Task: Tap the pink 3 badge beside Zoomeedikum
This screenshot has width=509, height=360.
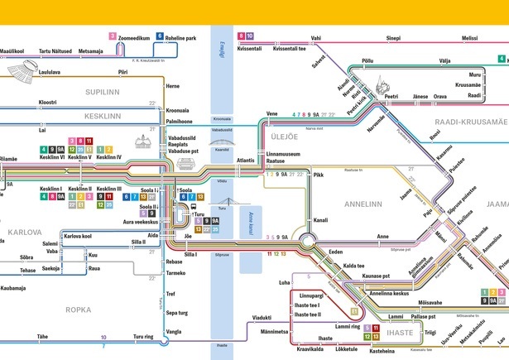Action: pyautogui.click(x=112, y=37)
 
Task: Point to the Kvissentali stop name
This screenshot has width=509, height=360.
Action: pyautogui.click(x=249, y=49)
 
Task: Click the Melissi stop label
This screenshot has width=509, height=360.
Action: pyautogui.click(x=470, y=38)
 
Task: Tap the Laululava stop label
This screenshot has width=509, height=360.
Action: pyautogui.click(x=52, y=73)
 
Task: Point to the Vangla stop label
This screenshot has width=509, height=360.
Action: pyautogui.click(x=174, y=331)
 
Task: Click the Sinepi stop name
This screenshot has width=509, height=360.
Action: pyautogui.click(x=393, y=38)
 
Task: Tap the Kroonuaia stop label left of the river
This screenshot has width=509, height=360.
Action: pyautogui.click(x=177, y=110)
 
